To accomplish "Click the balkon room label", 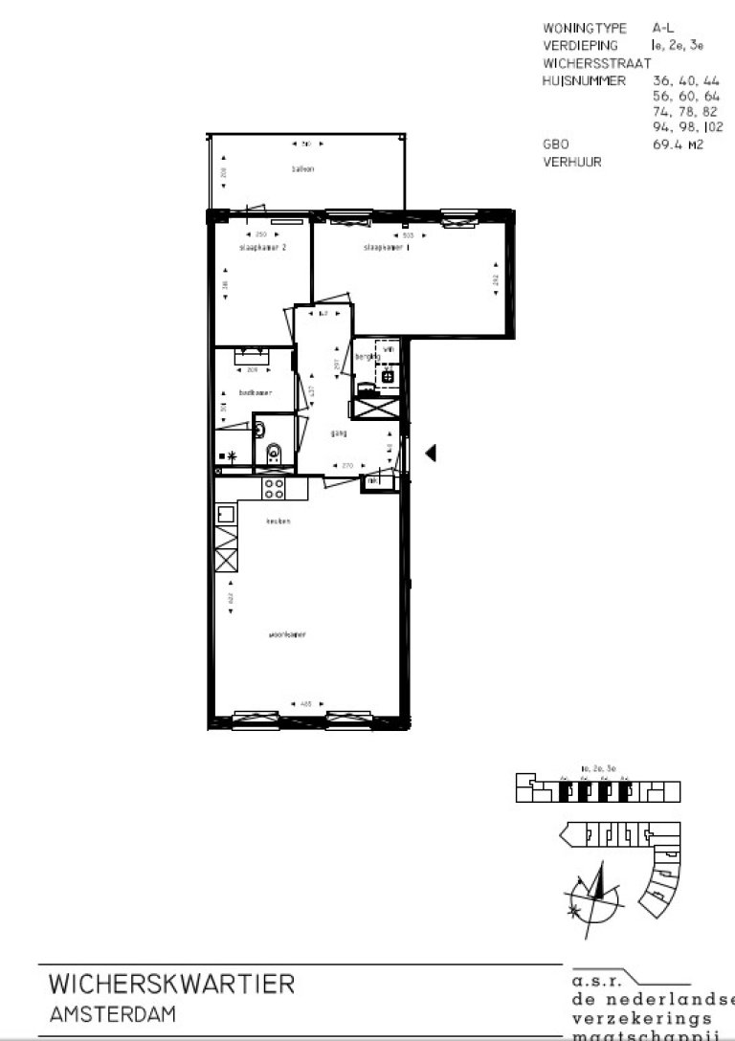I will [303, 169].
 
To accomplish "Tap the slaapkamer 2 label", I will [262, 247].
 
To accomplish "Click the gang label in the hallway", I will [338, 432].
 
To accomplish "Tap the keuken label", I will [278, 521].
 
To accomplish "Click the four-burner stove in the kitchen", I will [274, 488].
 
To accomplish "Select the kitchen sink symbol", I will [226, 515].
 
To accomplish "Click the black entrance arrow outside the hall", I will [431, 453].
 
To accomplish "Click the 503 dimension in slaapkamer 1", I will [407, 233].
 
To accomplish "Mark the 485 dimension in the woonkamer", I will [305, 705].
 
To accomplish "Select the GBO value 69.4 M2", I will [672, 144].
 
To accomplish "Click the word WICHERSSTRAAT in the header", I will [590, 63].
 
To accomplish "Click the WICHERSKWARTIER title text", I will [171, 984].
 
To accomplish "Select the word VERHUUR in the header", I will [571, 163].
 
